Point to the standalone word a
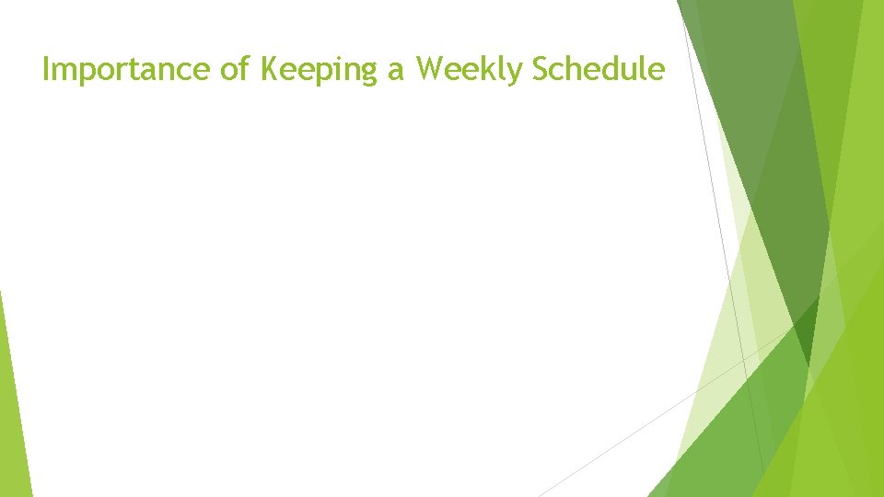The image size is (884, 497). [x=397, y=70]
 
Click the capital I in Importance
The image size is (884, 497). [x=47, y=69]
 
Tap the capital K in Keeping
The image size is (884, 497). [x=270, y=69]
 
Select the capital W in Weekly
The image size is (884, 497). [x=430, y=69]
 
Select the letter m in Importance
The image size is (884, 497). [x=66, y=71]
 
